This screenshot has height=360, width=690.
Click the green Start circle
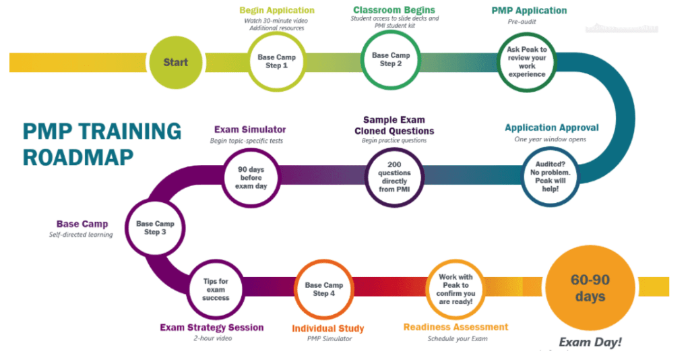coord(176,63)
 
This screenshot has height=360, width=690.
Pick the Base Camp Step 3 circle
coord(155,228)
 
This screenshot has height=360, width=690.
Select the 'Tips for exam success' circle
coord(216,289)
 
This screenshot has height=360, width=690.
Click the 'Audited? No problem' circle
coord(550,177)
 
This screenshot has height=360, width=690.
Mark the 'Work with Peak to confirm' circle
coord(456,289)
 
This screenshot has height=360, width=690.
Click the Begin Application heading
coord(276,10)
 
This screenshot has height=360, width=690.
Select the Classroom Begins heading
coord(394,10)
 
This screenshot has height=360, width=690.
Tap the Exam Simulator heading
coord(250,129)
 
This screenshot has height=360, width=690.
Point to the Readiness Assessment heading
coord(456,327)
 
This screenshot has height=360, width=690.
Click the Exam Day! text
coord(590,342)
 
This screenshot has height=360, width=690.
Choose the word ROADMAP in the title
coord(78,156)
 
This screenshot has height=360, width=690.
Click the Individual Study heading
coord(327,328)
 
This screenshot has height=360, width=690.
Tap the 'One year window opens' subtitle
coord(551,140)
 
